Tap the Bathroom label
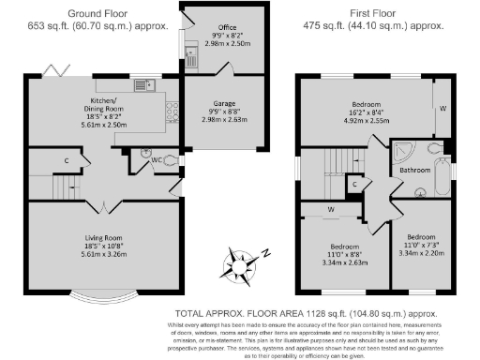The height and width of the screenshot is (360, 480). (414, 170)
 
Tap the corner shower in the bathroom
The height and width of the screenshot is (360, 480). (404, 152)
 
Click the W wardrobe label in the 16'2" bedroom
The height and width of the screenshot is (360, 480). (442, 109)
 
